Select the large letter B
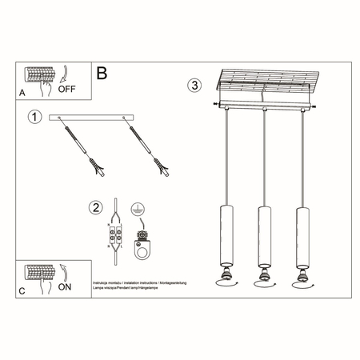102,74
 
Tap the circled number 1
34,118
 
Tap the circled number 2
97,209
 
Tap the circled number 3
194,85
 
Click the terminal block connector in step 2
116,237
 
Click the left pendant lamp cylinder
223,237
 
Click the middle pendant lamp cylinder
262,237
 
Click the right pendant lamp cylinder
302,237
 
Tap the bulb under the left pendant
223,279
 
